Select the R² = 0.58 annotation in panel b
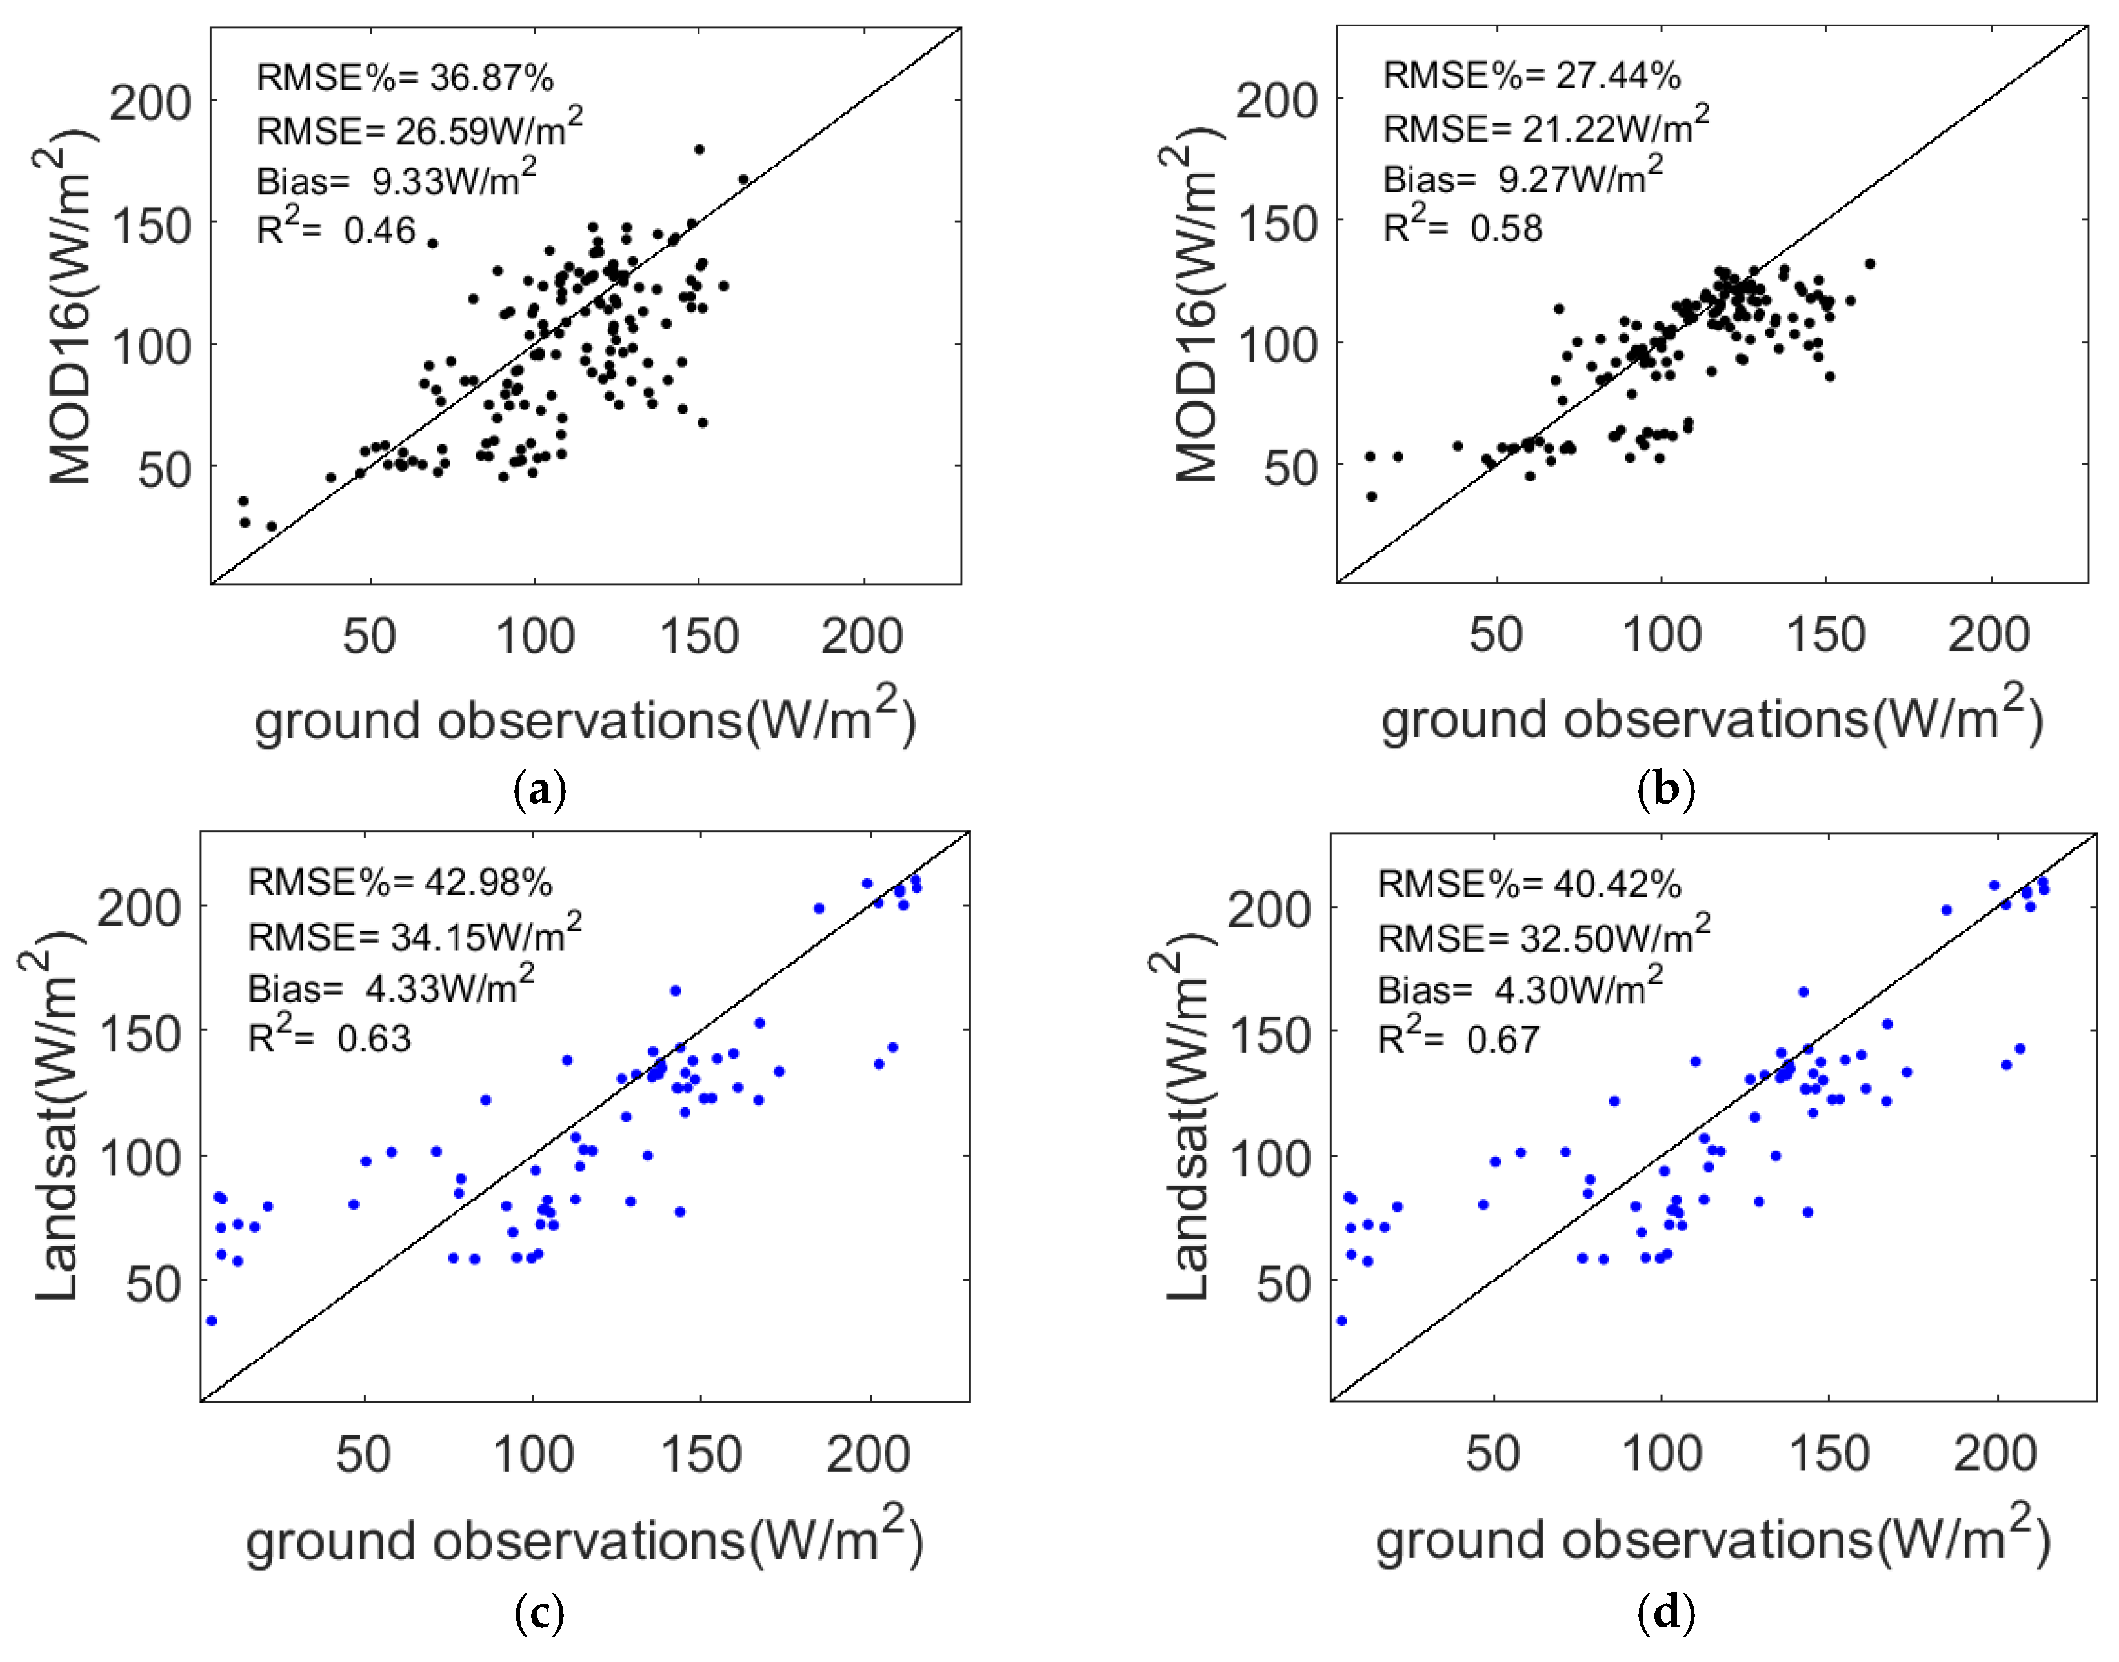(1462, 227)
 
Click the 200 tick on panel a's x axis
(862, 637)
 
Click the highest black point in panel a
(699, 149)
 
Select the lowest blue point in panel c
(211, 1321)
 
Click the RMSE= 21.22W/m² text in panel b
(1545, 127)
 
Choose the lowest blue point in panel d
(1341, 1321)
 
